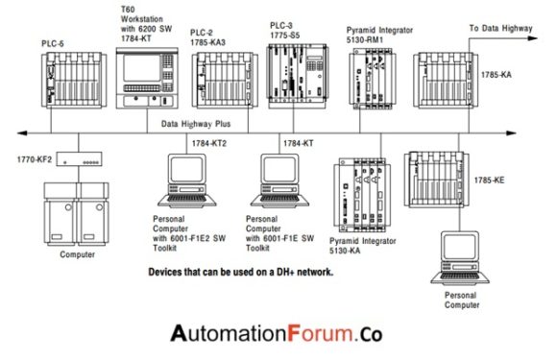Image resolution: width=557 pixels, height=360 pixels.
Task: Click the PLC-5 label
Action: tap(53, 43)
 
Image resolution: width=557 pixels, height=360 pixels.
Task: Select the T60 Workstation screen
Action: tap(141, 68)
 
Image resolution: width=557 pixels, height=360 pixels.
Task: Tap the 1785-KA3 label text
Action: tap(207, 42)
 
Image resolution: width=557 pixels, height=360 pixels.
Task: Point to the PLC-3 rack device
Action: tap(297, 75)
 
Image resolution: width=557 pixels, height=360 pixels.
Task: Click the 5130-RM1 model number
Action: tap(365, 40)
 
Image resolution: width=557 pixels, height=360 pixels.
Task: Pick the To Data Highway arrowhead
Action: tap(533, 38)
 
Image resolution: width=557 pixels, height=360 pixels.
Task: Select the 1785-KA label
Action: tap(496, 75)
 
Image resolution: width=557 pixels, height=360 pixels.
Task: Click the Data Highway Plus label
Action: tap(196, 124)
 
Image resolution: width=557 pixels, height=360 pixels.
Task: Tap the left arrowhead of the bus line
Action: tap(22, 133)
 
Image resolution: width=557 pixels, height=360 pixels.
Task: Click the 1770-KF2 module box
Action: tap(80, 159)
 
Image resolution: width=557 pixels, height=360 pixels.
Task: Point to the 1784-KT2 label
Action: tap(209, 143)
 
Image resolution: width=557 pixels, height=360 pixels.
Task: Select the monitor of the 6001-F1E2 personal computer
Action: tap(187, 169)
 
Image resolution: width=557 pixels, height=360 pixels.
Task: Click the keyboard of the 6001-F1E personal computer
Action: tap(279, 199)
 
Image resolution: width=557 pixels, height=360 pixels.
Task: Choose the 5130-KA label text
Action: tap(345, 251)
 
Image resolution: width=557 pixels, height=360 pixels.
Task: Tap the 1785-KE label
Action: tap(489, 180)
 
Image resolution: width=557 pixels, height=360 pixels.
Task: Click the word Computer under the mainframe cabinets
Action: tap(78, 254)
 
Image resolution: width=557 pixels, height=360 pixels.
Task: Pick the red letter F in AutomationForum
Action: tap(294, 334)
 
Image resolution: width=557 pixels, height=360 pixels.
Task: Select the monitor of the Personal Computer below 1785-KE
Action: tap(460, 247)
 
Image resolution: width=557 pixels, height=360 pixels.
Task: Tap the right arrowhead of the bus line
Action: tap(511, 133)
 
